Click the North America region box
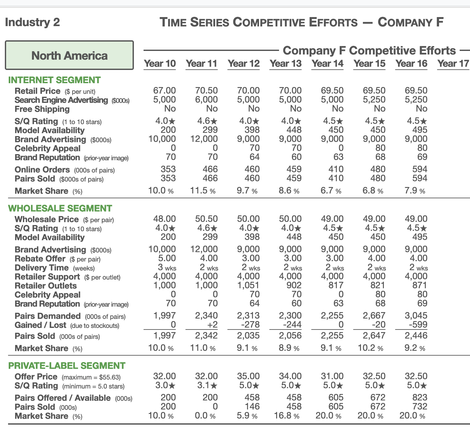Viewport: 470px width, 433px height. (x=69, y=55)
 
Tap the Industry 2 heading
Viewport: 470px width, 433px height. (x=33, y=22)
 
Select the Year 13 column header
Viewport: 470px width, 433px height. (x=285, y=64)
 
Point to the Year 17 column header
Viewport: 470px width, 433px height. (x=453, y=64)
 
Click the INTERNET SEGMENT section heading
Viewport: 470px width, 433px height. (x=54, y=80)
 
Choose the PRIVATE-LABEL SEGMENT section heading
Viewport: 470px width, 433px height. (x=66, y=366)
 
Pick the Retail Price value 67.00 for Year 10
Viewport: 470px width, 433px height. (x=164, y=91)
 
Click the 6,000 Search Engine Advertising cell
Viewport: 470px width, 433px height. (x=206, y=100)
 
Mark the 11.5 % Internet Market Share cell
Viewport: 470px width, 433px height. (x=203, y=191)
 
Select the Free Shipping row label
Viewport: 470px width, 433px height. (x=42, y=109)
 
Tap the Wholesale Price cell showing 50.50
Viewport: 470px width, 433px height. (x=206, y=219)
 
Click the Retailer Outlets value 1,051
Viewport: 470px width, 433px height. (x=248, y=285)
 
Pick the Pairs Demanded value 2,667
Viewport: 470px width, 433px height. (x=374, y=316)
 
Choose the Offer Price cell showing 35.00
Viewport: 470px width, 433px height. (x=248, y=376)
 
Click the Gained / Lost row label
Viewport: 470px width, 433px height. (x=40, y=325)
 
